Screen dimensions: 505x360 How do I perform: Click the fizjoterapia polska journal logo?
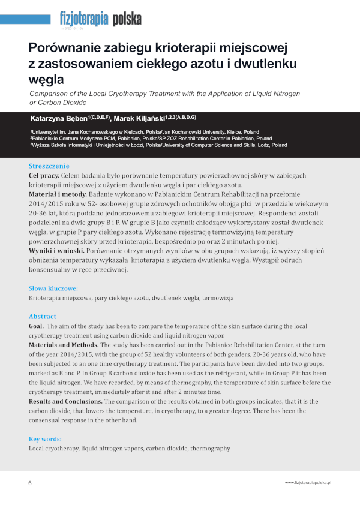(100, 19)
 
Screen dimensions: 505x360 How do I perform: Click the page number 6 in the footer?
(30, 483)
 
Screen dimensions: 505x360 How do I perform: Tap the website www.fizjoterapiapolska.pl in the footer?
(308, 483)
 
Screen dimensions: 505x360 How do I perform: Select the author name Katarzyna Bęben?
(67, 117)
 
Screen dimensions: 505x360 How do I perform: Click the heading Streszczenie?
(49, 166)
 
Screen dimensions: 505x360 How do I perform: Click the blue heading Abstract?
(43, 316)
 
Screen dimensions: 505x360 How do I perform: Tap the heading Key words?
(46, 439)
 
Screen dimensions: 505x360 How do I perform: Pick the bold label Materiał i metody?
(58, 194)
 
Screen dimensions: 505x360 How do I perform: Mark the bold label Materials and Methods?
(64, 345)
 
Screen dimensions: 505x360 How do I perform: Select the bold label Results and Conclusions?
(66, 400)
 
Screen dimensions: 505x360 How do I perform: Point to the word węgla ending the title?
(54, 79)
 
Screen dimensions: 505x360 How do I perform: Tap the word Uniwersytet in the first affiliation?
(49, 131)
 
